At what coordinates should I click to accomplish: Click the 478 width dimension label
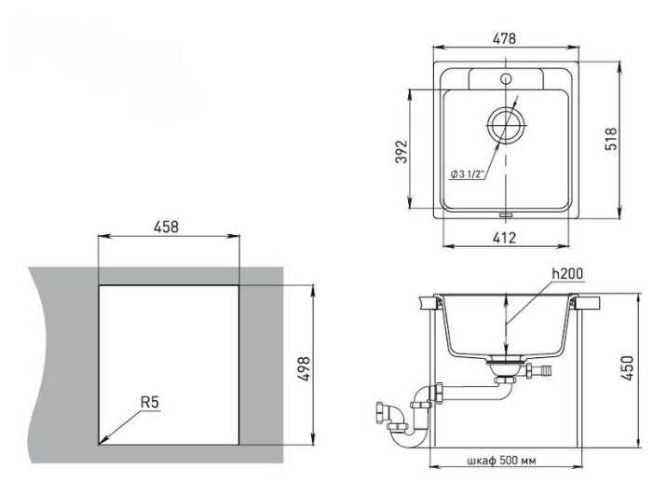(504, 39)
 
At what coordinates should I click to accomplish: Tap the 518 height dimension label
(611, 139)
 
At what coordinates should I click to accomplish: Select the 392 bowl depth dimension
(401, 151)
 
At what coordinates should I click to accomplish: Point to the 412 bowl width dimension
(504, 238)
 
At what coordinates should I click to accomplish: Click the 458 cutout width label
(166, 227)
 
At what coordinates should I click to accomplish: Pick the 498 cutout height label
(304, 368)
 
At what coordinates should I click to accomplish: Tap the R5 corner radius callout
(150, 403)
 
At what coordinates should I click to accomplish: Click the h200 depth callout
(567, 274)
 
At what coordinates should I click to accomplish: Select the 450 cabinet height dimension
(628, 367)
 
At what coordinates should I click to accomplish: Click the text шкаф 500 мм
(502, 461)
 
